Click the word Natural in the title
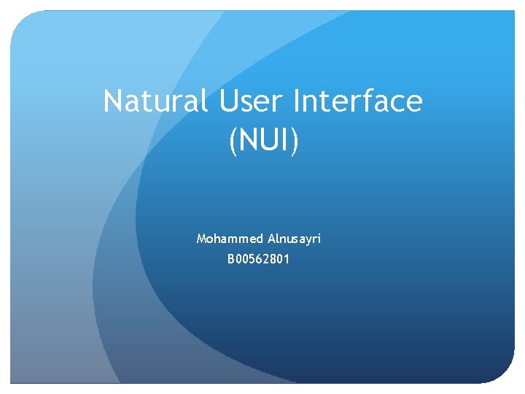pyautogui.click(x=155, y=101)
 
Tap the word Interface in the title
pyautogui.click(x=357, y=101)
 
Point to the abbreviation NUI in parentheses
pyautogui.click(x=263, y=140)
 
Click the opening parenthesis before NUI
pyautogui.click(x=233, y=141)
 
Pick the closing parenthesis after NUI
pyautogui.click(x=295, y=141)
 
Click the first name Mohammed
pyautogui.click(x=222, y=239)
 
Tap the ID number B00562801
pyautogui.click(x=259, y=258)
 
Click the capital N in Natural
pyautogui.click(x=113, y=101)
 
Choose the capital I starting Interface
pyautogui.click(x=295, y=101)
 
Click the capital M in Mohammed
pyautogui.click(x=201, y=239)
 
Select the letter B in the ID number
pyautogui.click(x=231, y=258)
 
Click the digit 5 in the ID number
pyautogui.click(x=252, y=258)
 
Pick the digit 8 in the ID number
pyautogui.click(x=272, y=258)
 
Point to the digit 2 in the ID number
pyautogui.click(x=265, y=258)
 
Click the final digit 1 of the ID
pyautogui.click(x=287, y=258)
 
